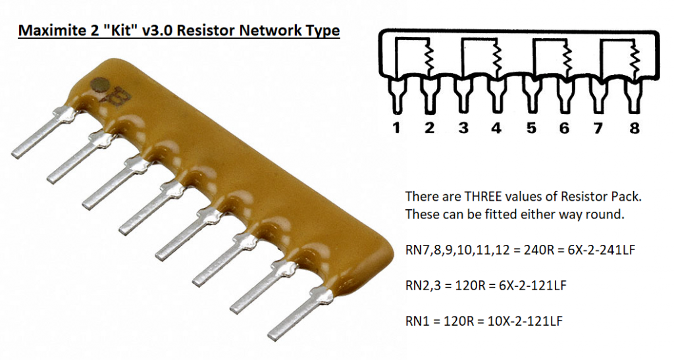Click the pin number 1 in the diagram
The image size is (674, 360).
pyautogui.click(x=396, y=128)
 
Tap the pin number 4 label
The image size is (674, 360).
pyautogui.click(x=496, y=128)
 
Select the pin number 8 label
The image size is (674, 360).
pyautogui.click(x=634, y=128)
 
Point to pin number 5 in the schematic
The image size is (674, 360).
pyautogui.click(x=531, y=128)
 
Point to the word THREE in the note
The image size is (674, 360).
pyautogui.click(x=467, y=197)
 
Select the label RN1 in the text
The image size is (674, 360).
pyautogui.click(x=417, y=322)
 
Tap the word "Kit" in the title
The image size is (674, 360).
pyautogui.click(x=116, y=31)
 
